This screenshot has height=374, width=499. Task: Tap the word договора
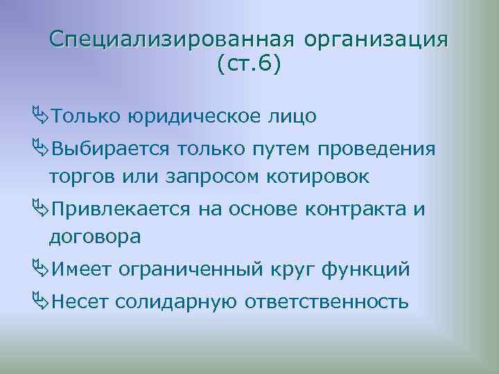(x=95, y=237)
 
